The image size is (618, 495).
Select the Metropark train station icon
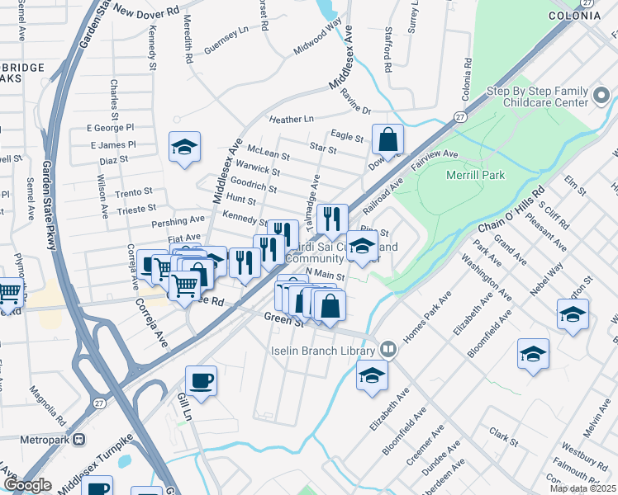(79, 439)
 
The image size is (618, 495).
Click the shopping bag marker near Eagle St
(387, 139)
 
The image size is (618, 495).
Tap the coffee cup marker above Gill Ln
(201, 381)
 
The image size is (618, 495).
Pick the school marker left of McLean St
(184, 148)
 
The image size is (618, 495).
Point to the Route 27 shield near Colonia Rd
(459, 119)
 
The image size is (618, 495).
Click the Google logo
(27, 485)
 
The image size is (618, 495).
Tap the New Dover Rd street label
(149, 12)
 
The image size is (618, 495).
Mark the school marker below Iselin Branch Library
(372, 375)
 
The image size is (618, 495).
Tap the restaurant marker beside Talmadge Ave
(331, 219)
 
